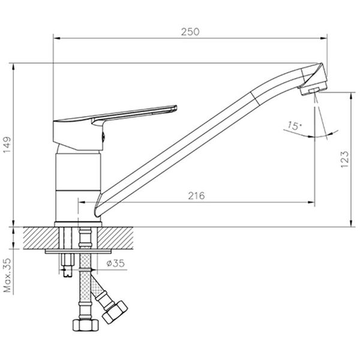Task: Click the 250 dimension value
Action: click(190, 32)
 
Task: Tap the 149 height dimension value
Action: click(7, 145)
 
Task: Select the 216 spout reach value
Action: click(196, 196)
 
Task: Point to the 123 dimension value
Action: click(345, 160)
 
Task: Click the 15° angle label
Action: click(294, 126)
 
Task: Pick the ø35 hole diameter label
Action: click(116, 263)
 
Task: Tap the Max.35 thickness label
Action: click(8, 275)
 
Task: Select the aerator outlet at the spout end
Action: click(314, 91)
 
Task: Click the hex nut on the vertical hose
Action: click(85, 325)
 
